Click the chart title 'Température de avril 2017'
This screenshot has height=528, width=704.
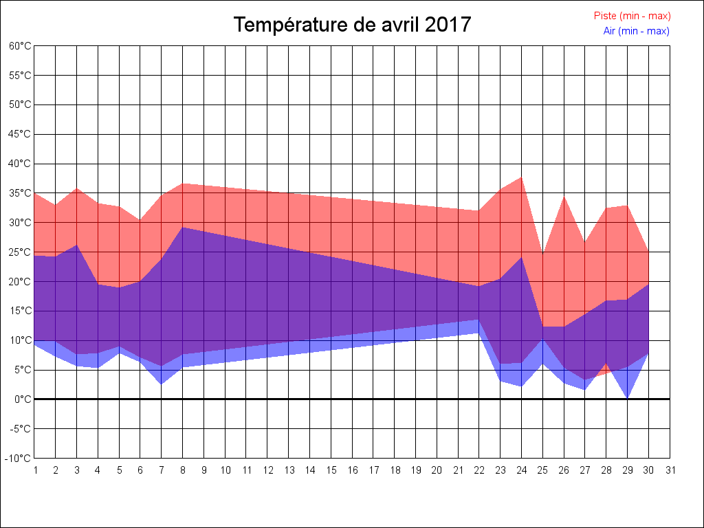[352, 25]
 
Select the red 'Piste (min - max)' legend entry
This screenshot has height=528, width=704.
[632, 16]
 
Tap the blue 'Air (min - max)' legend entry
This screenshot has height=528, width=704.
[636, 31]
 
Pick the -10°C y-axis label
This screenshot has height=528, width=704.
[19, 459]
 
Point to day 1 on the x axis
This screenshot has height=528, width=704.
[35, 471]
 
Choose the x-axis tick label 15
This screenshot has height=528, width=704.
[331, 471]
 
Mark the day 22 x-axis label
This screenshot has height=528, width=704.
[480, 471]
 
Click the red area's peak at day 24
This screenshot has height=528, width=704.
[522, 177]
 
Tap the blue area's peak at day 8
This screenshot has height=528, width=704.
[183, 228]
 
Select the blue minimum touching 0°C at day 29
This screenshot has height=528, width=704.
[628, 398]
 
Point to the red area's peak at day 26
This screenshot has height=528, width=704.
[564, 197]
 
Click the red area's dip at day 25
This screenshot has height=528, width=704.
[543, 253]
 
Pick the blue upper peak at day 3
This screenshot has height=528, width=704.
[77, 245]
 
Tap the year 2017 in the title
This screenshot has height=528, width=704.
[448, 25]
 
